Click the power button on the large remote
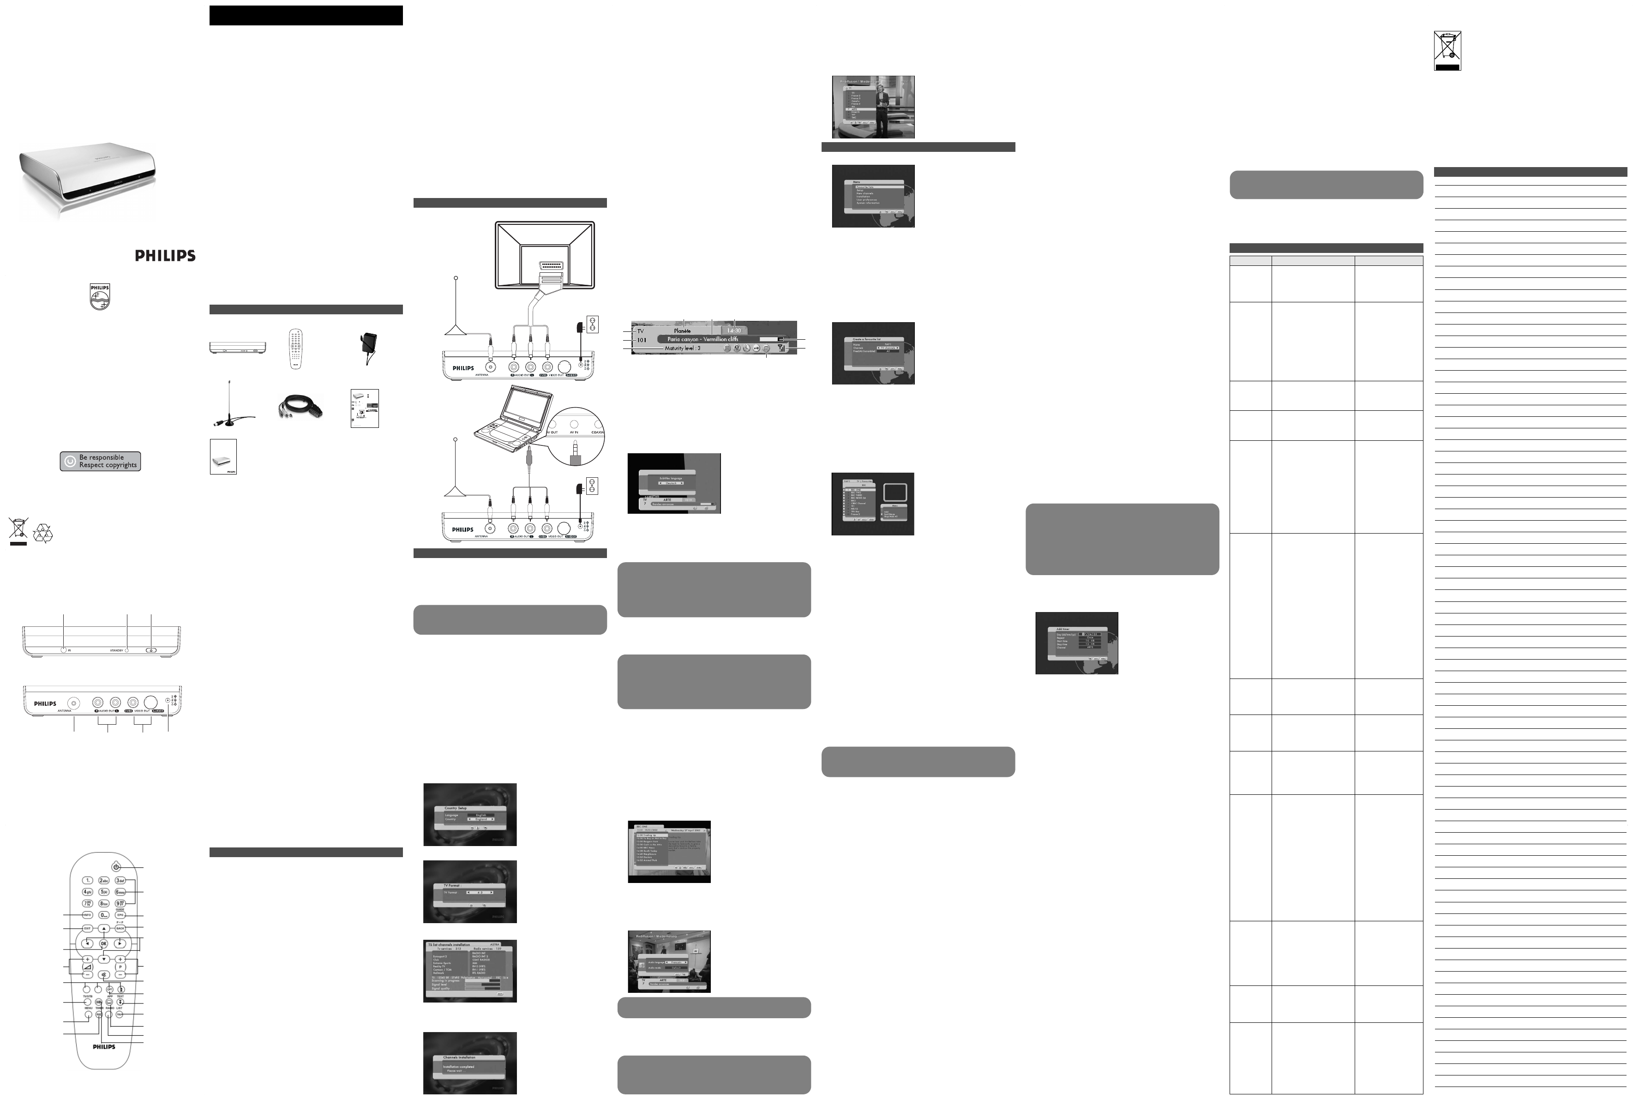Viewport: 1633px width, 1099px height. point(116,867)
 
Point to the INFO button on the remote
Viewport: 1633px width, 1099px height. point(88,915)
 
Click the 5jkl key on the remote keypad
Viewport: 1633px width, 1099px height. point(104,892)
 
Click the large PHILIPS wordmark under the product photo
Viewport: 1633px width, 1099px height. point(165,256)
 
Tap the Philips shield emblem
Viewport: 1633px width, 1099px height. point(100,296)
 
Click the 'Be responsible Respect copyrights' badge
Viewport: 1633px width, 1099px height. point(100,461)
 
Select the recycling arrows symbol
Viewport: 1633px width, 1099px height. point(43,532)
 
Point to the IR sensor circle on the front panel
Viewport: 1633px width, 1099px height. point(64,650)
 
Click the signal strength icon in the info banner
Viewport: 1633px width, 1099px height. point(781,348)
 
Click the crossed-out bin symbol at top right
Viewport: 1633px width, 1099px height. point(1447,50)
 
